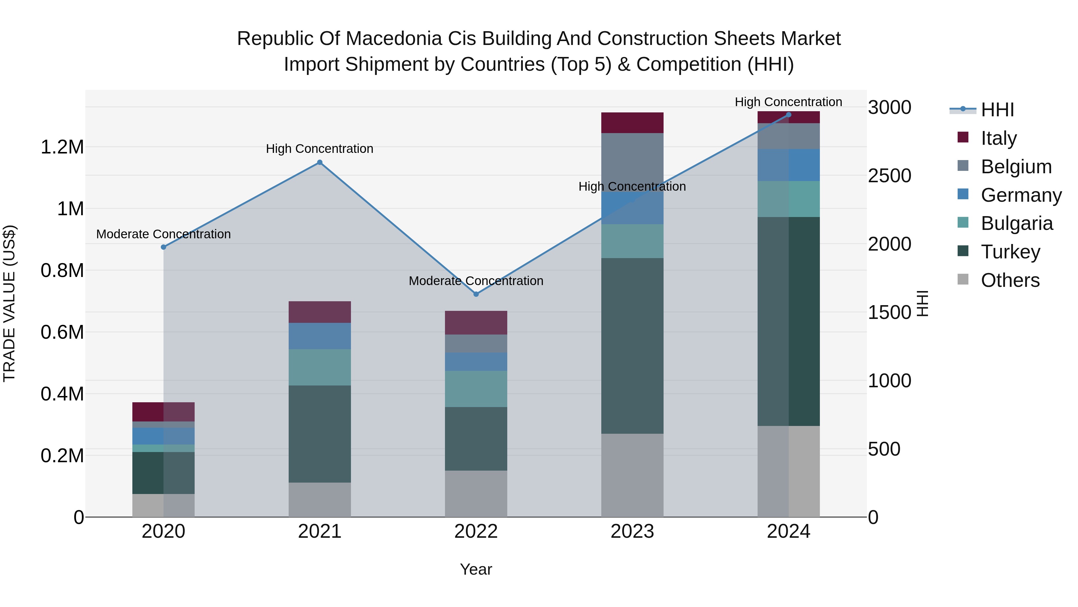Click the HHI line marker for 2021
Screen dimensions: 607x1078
tap(320, 162)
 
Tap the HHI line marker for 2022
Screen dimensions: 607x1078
tap(476, 294)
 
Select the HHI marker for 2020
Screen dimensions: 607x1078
tap(163, 247)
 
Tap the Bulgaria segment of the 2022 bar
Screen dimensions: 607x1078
tap(476, 389)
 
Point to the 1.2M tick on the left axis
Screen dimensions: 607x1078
tap(62, 147)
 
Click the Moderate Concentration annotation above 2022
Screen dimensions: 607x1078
tap(476, 281)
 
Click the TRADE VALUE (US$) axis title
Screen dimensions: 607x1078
tap(9, 303)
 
